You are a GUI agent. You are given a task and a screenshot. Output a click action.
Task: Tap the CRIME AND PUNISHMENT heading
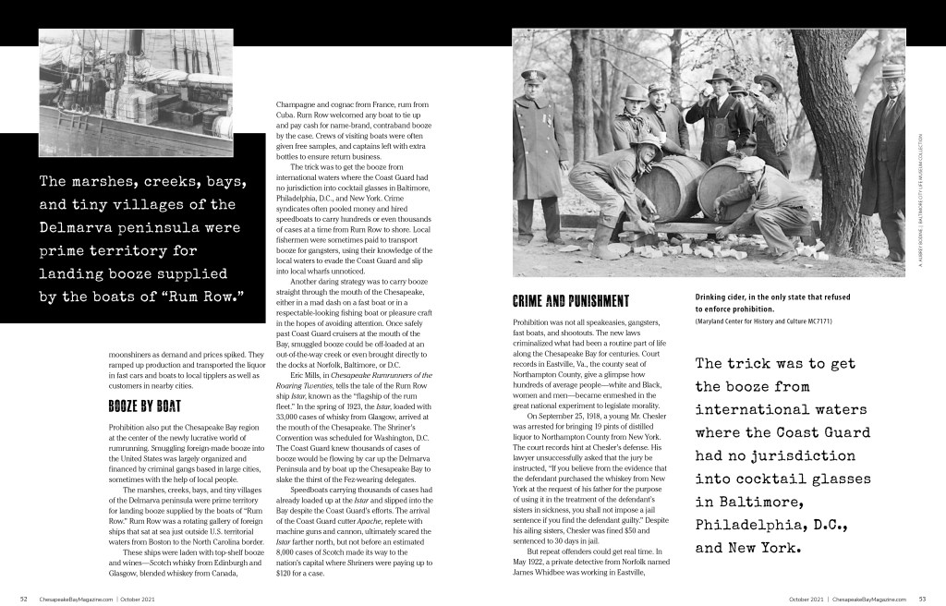(x=570, y=301)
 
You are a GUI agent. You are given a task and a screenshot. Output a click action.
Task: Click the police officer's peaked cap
(x=534, y=77)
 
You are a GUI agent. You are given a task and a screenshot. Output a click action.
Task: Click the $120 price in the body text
(x=287, y=573)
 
